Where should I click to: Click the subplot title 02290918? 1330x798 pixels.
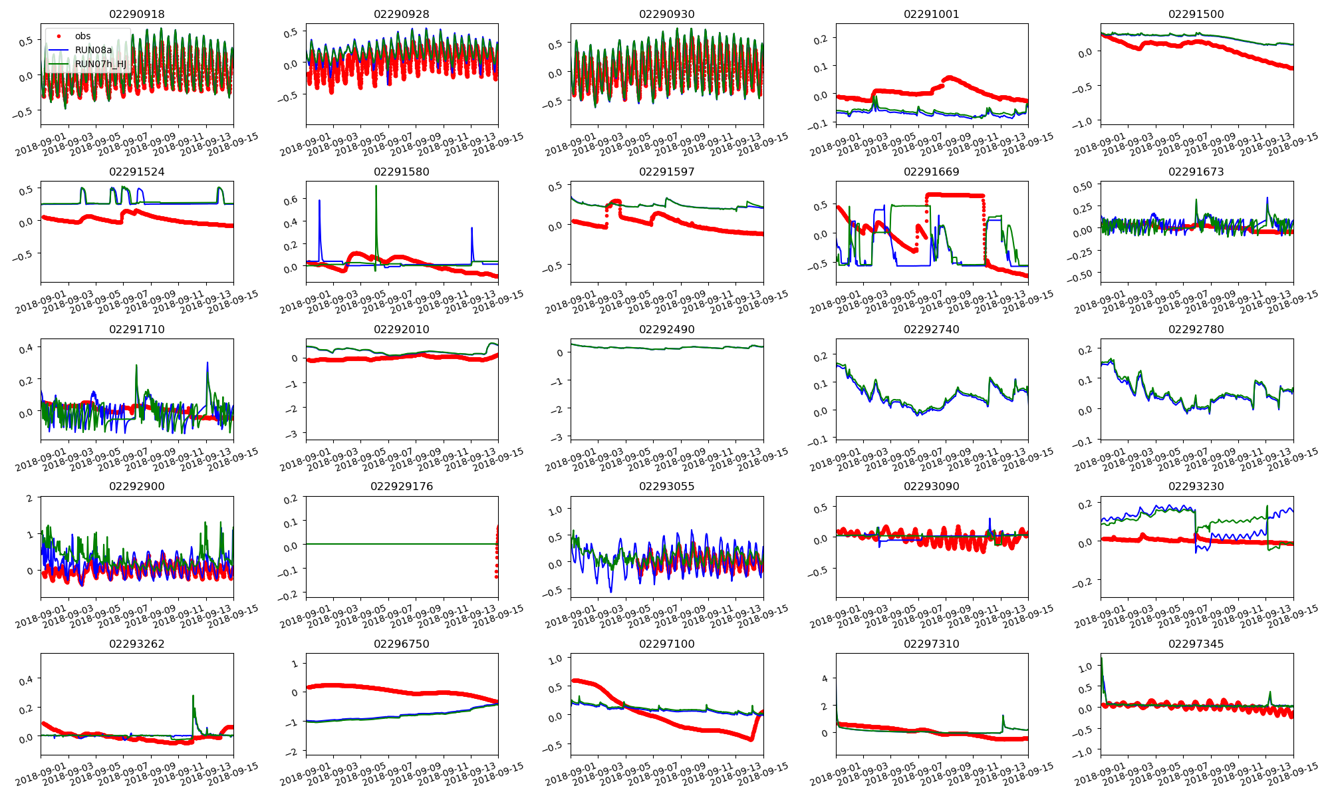click(x=137, y=14)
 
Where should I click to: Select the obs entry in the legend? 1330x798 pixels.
click(x=82, y=36)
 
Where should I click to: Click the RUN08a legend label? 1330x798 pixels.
click(x=93, y=50)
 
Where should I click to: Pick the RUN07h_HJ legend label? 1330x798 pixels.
click(x=100, y=64)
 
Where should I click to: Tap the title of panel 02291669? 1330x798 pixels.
click(x=932, y=172)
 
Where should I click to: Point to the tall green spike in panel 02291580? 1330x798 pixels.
click(x=376, y=187)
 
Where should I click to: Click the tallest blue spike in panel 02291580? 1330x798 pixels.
click(x=319, y=200)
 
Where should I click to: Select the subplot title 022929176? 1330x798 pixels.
click(x=402, y=486)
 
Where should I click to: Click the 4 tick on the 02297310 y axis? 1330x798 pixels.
click(x=825, y=678)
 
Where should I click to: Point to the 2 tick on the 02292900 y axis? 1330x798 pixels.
click(x=29, y=498)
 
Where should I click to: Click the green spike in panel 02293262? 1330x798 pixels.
click(x=193, y=696)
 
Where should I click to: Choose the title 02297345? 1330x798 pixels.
click(x=1196, y=644)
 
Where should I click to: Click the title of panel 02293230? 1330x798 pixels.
click(x=1196, y=486)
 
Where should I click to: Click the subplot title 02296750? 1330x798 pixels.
click(x=402, y=644)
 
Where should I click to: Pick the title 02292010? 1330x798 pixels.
click(x=402, y=329)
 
